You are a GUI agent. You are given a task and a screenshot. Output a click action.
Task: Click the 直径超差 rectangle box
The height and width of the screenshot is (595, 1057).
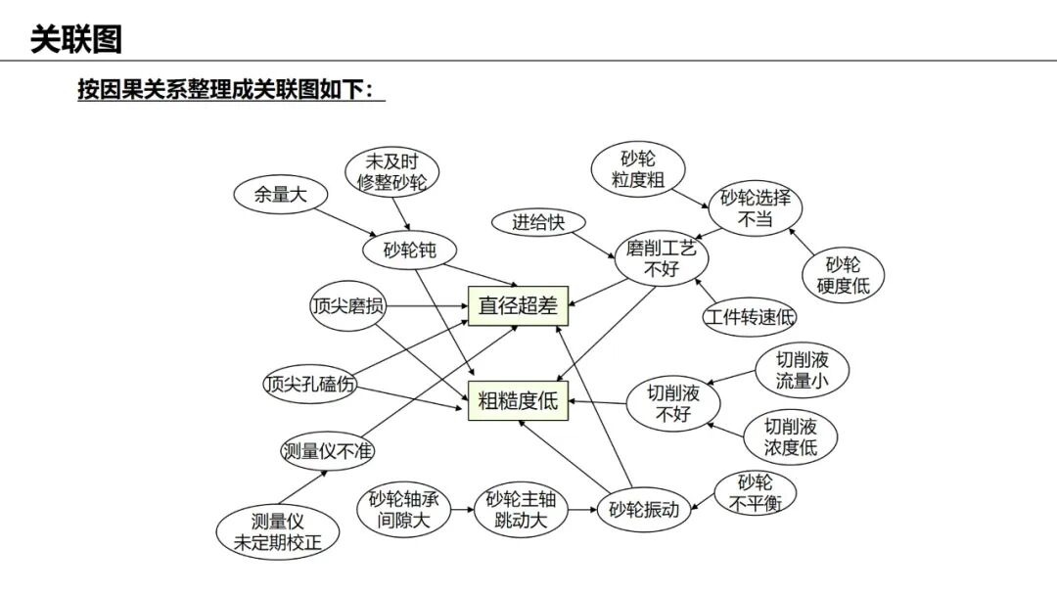tap(518, 305)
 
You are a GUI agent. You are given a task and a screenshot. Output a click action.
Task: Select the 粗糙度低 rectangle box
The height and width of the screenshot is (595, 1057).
tap(518, 400)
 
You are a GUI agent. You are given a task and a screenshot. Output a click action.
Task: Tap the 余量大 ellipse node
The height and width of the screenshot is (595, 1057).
tap(281, 194)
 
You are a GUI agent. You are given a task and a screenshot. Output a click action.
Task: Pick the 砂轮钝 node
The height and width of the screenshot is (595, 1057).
tap(410, 251)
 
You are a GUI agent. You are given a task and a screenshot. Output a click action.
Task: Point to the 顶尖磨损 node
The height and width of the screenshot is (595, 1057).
tap(347, 306)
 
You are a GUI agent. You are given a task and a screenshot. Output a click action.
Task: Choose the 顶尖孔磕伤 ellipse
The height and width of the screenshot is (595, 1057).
tap(309, 385)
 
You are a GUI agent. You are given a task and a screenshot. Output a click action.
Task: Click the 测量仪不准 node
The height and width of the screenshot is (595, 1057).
tap(328, 451)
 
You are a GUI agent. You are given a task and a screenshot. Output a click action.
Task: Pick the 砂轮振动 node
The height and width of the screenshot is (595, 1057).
tap(644, 510)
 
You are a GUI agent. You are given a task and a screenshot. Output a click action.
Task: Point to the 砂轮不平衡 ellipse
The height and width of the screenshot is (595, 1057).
tap(755, 493)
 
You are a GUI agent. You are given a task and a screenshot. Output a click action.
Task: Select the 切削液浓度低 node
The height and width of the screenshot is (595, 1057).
tap(790, 437)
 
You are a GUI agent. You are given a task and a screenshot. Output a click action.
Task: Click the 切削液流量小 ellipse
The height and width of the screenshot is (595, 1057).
tap(802, 370)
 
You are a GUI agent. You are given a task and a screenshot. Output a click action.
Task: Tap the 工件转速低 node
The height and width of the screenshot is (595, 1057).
tap(750, 318)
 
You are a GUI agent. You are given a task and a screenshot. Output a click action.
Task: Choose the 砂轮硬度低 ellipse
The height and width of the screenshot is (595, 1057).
tap(843, 275)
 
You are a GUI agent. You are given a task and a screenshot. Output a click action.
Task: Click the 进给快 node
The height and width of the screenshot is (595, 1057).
tap(538, 223)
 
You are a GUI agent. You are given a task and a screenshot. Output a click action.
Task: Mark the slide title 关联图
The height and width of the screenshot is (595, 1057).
tap(76, 39)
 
